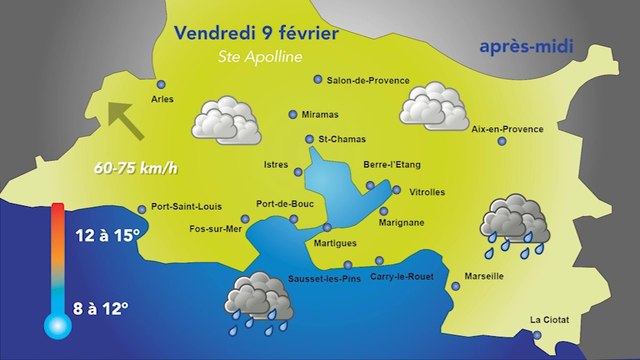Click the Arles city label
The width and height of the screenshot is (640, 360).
(161, 99)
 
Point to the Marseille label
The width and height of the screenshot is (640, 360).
(484, 276)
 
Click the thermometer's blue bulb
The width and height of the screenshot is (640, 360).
(56, 323)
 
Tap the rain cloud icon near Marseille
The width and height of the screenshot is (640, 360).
(514, 223)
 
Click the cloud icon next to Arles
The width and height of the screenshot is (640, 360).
(228, 120)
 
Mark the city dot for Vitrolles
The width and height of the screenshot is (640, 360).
(397, 190)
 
